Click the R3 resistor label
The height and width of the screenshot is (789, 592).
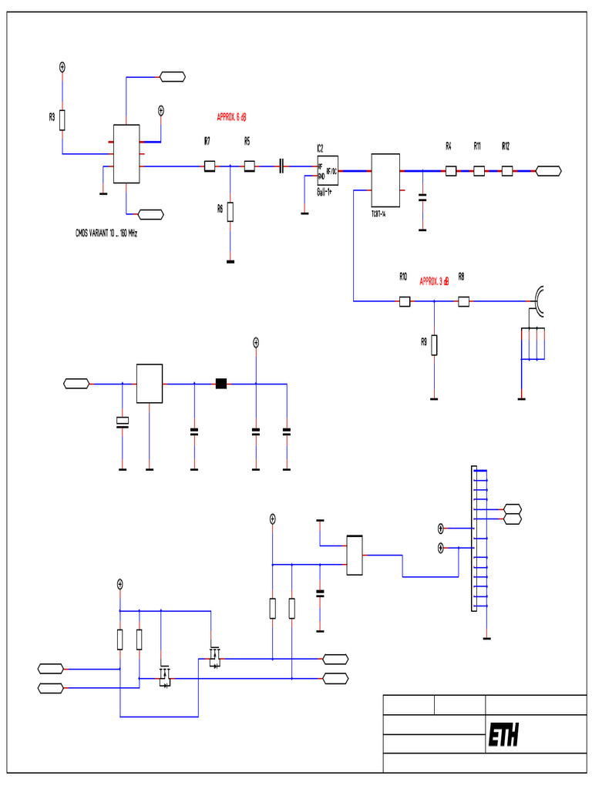click(x=52, y=117)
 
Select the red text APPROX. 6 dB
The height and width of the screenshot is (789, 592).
click(x=231, y=117)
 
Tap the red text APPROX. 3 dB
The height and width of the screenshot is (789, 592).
click(x=435, y=281)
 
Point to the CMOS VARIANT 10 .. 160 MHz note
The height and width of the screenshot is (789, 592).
click(x=106, y=232)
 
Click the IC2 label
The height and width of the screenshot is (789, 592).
click(x=320, y=147)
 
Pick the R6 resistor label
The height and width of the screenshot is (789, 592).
click(x=220, y=208)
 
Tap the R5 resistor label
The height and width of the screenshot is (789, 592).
click(x=247, y=141)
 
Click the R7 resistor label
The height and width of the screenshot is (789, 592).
click(x=207, y=141)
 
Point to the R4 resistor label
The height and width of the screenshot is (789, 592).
click(x=449, y=146)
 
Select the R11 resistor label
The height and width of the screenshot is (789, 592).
click(x=477, y=146)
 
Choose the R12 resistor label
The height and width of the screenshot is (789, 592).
click(x=506, y=146)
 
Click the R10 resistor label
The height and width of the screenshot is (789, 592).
click(x=402, y=276)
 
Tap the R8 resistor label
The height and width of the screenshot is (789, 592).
click(x=461, y=276)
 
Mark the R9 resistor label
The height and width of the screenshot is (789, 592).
click(x=424, y=341)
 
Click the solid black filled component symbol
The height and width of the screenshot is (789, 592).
click(x=221, y=383)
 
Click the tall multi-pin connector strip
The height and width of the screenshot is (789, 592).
click(x=474, y=539)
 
